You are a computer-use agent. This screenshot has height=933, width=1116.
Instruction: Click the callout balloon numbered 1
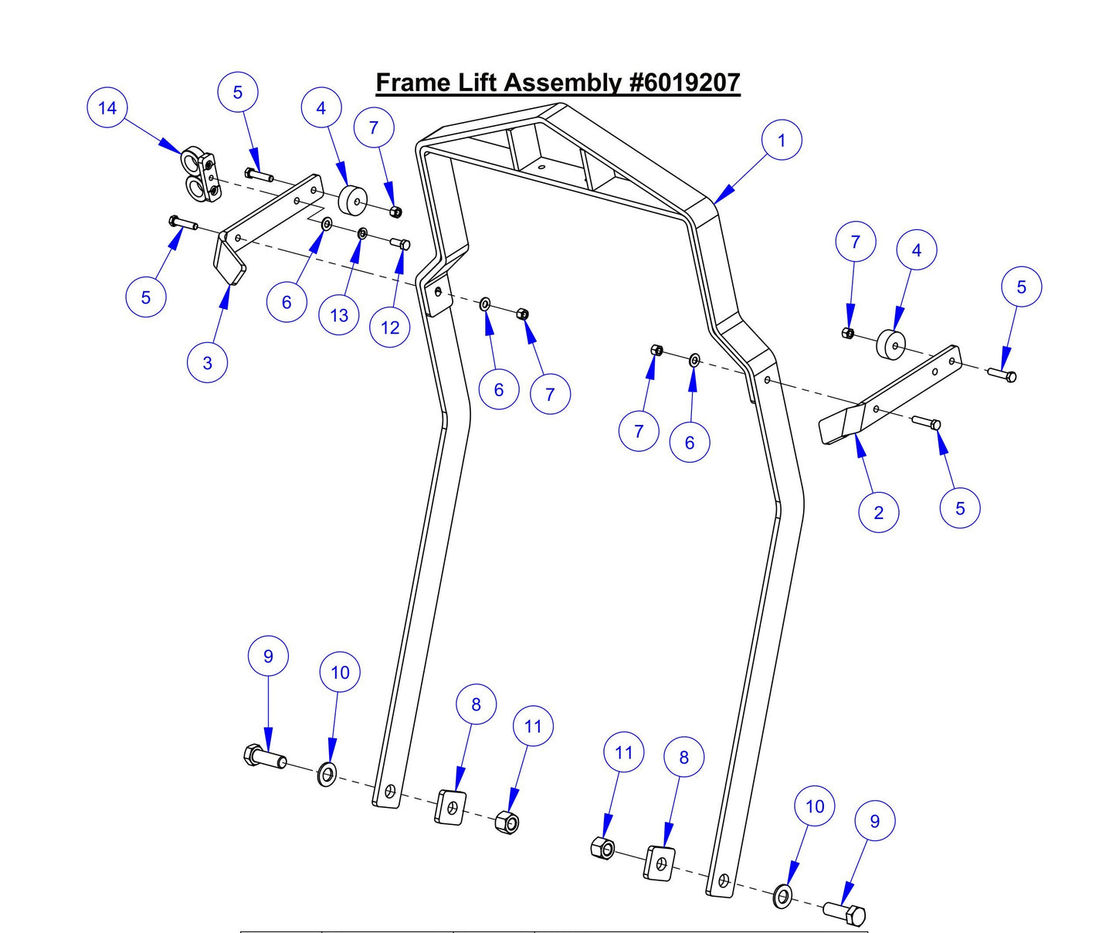pos(781,141)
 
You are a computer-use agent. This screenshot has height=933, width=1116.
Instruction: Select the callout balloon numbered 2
pos(878,513)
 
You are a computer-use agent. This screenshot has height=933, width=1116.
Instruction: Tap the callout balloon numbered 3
pos(207,363)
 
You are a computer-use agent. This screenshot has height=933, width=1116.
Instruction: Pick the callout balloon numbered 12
pos(390,327)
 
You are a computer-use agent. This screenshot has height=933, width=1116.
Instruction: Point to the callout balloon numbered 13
pos(339,315)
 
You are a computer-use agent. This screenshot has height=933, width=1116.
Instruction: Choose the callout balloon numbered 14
pos(107,108)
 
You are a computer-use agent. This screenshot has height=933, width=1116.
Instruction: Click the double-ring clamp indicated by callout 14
pos(199,175)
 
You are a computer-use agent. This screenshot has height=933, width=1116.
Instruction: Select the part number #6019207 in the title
pos(684,83)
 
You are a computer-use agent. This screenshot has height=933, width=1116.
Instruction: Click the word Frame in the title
pos(412,83)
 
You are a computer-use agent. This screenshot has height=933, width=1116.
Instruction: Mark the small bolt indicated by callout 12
pos(401,244)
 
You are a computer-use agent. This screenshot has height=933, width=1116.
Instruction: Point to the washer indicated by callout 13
pos(361,233)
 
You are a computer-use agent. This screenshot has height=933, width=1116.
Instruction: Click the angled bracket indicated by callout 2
pos(888,394)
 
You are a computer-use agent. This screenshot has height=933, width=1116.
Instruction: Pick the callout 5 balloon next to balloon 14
pos(237,93)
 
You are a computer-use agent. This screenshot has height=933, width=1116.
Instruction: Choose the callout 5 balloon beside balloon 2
pos(960,508)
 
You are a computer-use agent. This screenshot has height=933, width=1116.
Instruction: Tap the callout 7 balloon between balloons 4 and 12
pos(374,128)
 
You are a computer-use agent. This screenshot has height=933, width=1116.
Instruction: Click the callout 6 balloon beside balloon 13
pos(287,302)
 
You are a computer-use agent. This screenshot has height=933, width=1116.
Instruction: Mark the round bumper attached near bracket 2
pos(890,344)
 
